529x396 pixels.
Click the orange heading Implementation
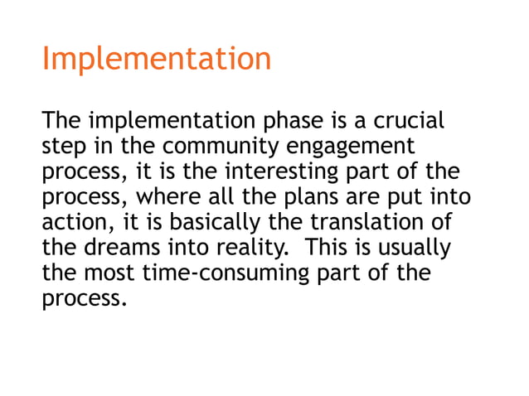156,60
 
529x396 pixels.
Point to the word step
61,147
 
